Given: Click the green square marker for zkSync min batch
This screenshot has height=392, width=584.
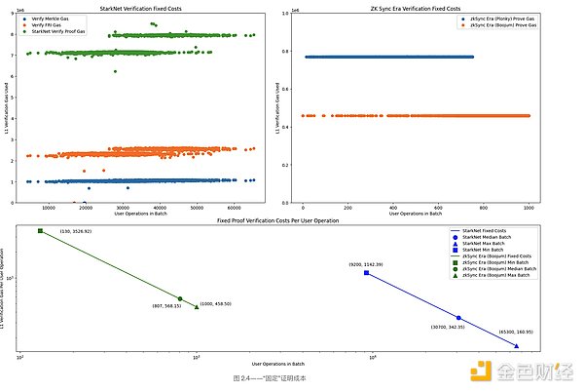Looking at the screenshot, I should tap(40, 231).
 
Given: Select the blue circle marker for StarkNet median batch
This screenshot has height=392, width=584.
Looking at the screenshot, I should tap(458, 318).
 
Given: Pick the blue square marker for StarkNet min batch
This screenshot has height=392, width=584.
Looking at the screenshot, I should tap(366, 273).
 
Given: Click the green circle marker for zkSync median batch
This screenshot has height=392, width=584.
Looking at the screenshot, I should tap(180, 298).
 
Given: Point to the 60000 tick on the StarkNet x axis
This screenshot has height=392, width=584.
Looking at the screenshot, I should tap(234, 207).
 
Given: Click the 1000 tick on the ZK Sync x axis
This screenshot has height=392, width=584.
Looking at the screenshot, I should tap(529, 207).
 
